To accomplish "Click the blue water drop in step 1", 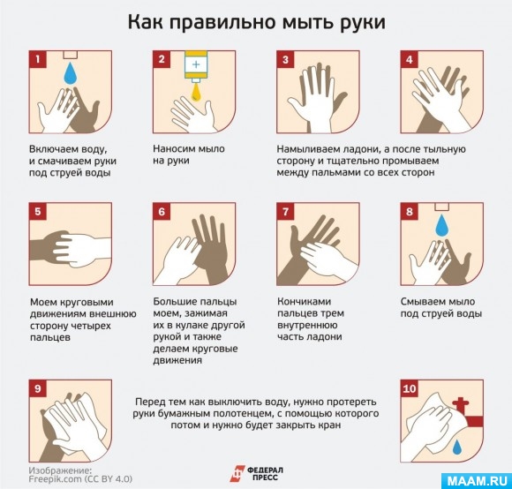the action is (x=71, y=73).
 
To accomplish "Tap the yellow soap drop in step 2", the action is (x=196, y=93).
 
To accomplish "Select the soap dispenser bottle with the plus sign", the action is (x=196, y=66).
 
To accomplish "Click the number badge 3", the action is (x=285, y=59).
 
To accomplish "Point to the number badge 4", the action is (x=409, y=59).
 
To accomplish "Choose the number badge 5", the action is (x=38, y=212).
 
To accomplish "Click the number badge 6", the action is (x=162, y=212).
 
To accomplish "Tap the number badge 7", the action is (x=285, y=212).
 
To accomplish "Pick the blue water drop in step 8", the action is (x=442, y=225).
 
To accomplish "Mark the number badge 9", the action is (x=38, y=388).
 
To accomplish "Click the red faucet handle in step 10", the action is (x=461, y=405).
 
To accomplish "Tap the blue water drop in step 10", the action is (x=457, y=447).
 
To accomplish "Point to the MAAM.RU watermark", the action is (x=477, y=480).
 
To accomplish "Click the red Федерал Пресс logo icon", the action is (x=237, y=474).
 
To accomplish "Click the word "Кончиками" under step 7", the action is (x=304, y=301).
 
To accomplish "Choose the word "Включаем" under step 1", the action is (x=53, y=149).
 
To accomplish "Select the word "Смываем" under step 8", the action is (x=422, y=301).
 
